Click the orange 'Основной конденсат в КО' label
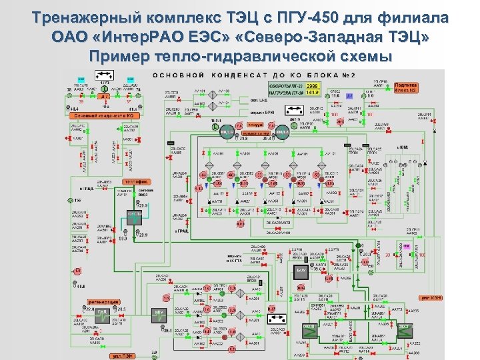(x=105, y=115)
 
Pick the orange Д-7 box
(x=105, y=96)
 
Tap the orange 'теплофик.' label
(x=135, y=182)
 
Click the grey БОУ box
(x=301, y=270)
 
